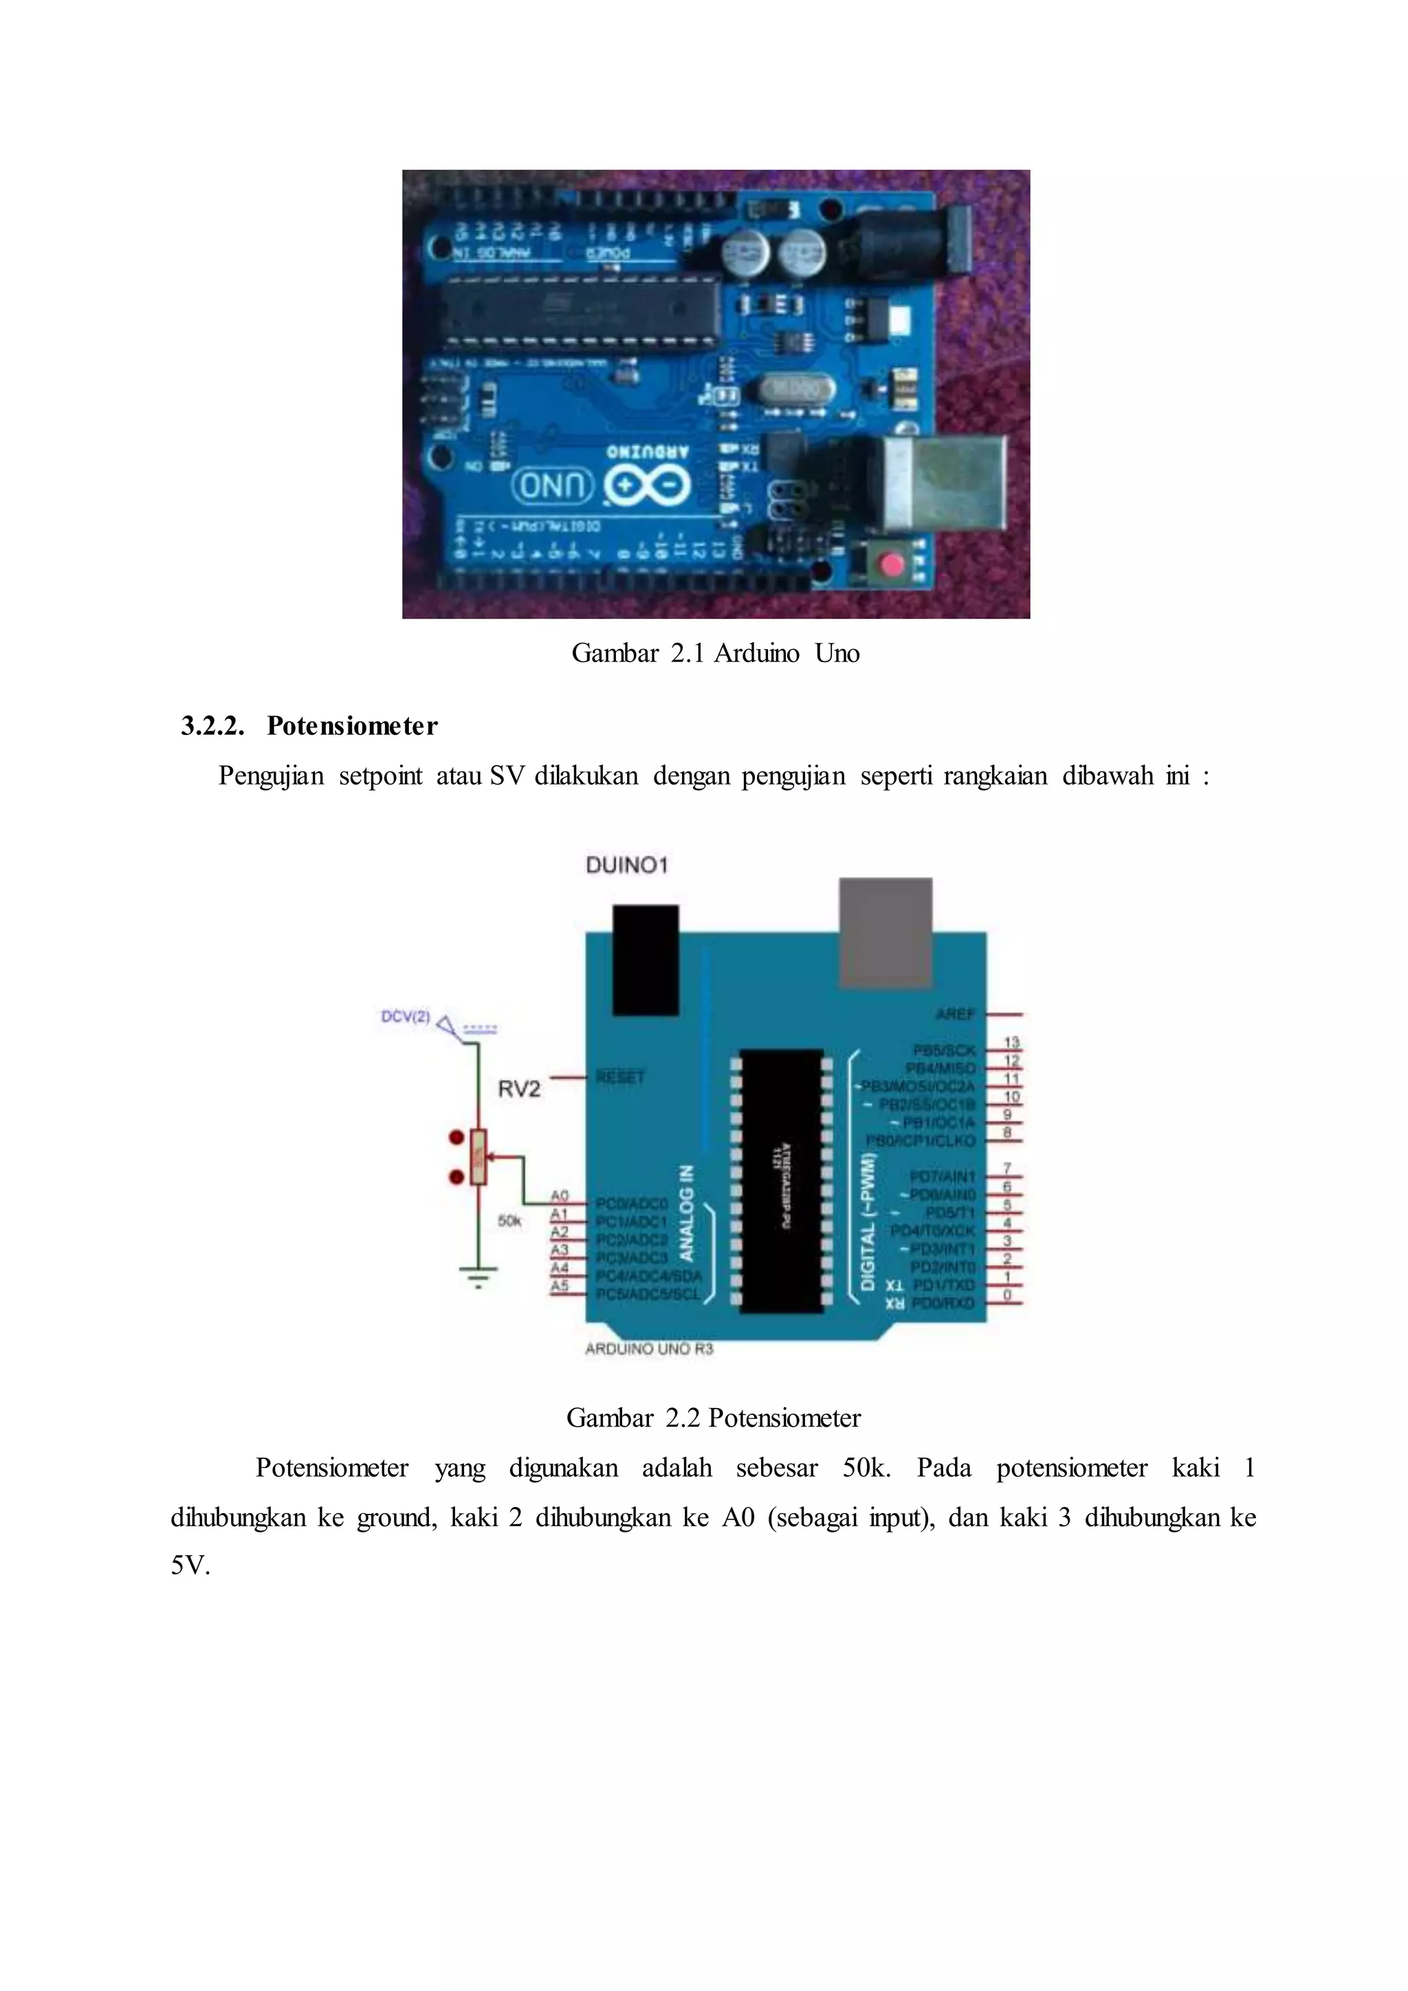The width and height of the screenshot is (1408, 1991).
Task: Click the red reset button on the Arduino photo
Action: point(891,566)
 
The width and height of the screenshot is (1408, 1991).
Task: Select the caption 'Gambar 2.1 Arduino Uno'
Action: point(715,653)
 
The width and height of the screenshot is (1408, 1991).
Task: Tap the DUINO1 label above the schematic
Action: point(627,865)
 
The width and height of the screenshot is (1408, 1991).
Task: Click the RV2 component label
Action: point(518,1088)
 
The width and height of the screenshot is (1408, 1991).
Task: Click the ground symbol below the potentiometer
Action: point(478,1277)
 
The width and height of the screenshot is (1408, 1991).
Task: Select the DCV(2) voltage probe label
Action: point(406,1016)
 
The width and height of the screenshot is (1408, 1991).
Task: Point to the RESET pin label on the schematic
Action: point(620,1077)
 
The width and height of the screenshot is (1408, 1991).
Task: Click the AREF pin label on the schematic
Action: point(956,1013)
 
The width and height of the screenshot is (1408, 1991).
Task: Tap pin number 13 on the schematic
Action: point(1011,1042)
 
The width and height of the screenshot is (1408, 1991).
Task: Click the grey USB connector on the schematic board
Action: point(885,932)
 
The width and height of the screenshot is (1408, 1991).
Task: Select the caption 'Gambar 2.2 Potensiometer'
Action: point(714,1418)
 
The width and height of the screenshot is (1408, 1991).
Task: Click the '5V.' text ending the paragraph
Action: point(190,1565)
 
